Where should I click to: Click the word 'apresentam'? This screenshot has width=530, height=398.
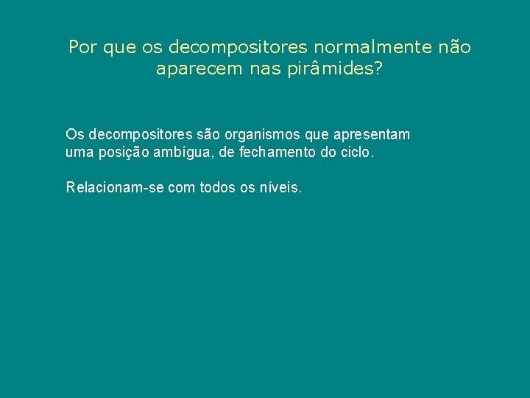pyautogui.click(x=372, y=135)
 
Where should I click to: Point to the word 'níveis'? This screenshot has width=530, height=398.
pyautogui.click(x=281, y=187)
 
